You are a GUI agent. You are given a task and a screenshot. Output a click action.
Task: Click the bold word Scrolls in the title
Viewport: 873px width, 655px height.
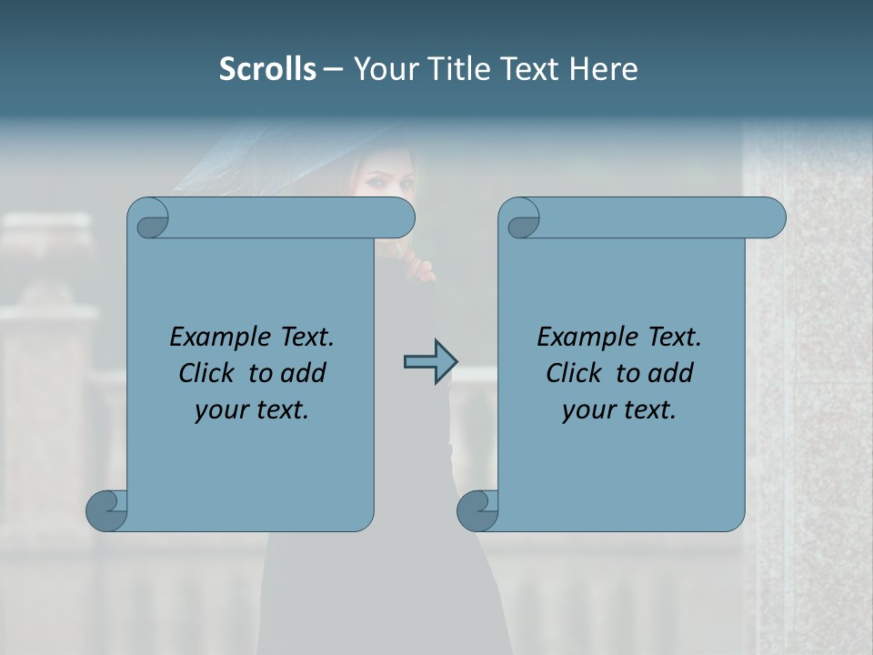click(267, 69)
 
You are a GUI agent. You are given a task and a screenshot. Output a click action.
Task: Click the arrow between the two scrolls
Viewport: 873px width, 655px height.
click(429, 362)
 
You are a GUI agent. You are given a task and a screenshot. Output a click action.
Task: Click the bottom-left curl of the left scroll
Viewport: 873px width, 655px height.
click(105, 509)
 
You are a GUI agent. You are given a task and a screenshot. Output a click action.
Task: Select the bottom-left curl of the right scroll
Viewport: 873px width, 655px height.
click(477, 509)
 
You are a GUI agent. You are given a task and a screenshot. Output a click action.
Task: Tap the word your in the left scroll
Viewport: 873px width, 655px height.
click(218, 411)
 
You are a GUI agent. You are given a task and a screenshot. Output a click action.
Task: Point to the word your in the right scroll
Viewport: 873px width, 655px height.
click(586, 411)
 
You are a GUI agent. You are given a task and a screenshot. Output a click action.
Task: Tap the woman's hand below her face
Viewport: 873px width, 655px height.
click(420, 268)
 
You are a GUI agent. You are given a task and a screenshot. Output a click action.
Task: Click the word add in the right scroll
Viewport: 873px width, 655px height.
click(669, 373)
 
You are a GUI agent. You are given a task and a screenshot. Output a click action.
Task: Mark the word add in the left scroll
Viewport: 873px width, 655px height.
click(302, 373)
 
